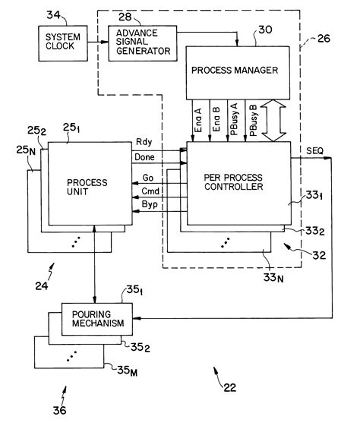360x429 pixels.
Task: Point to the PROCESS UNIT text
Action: pos(87,187)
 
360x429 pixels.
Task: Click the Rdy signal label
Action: pos(144,143)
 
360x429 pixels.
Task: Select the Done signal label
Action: pos(146,156)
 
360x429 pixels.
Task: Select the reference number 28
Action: pos(122,16)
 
